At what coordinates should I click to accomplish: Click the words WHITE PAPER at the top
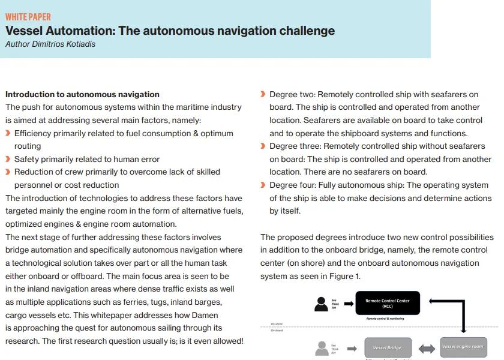tap(28, 17)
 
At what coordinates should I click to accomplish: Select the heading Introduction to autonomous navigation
tap(82, 94)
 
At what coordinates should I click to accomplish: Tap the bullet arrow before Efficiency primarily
tap(8, 133)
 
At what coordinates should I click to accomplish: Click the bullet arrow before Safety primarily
tap(8, 160)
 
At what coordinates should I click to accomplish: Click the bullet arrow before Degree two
tap(263, 94)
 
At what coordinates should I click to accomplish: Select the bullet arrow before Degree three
tap(263, 146)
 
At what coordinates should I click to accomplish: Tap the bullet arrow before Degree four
tap(263, 185)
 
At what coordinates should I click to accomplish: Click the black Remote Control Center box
tap(387, 302)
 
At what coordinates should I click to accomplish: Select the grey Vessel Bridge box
tap(387, 347)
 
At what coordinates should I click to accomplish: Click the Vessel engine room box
tap(463, 347)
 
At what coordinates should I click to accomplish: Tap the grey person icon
tap(322, 348)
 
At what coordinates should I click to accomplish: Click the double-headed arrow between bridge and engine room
tap(426, 347)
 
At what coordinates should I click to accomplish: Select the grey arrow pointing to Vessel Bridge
tap(353, 347)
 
